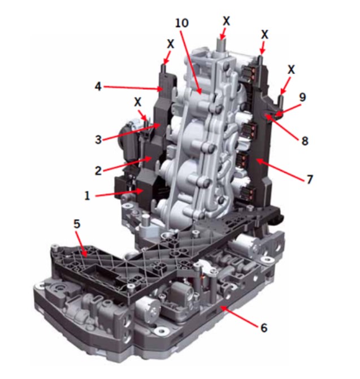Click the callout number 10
pyautogui.click(x=182, y=23)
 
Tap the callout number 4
pyautogui.click(x=98, y=86)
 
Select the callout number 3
pyautogui.click(x=98, y=140)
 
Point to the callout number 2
pyautogui.click(x=98, y=171)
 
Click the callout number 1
pyautogui.click(x=87, y=195)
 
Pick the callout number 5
pyautogui.click(x=77, y=224)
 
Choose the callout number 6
pyautogui.click(x=264, y=328)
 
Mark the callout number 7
pyautogui.click(x=310, y=180)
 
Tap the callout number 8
pyautogui.click(x=305, y=141)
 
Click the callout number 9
pyautogui.click(x=302, y=97)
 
